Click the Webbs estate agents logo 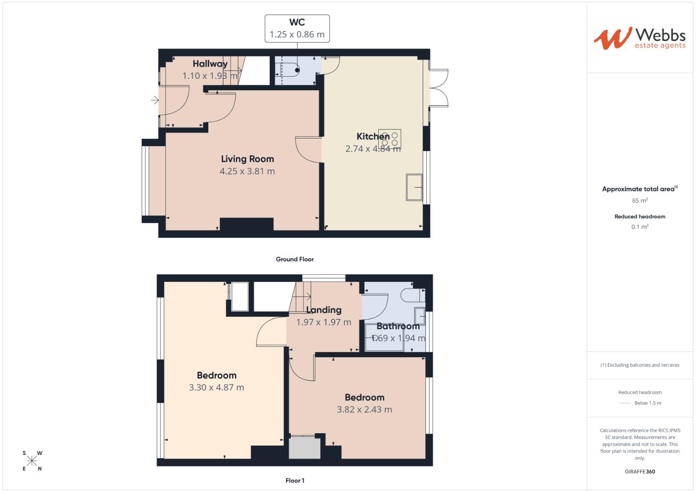pos(639,38)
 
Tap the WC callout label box pos(297,28)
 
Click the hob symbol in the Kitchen pos(390,138)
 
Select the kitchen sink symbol pos(414,187)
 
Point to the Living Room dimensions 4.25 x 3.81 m pos(247,171)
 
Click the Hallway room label pos(210,64)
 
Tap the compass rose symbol pos(32,461)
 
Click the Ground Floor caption pos(294,259)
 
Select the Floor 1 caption pos(294,481)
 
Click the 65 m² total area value pos(639,200)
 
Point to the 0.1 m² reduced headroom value pos(639,227)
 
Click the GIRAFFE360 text pos(639,471)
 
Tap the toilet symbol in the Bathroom pos(414,296)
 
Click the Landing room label pos(324,310)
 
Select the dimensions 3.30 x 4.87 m pos(217,388)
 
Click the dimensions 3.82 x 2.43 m pos(364,410)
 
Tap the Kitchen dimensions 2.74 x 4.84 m pos(373,149)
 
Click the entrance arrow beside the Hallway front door pos(155,100)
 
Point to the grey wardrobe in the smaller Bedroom pos(304,447)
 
